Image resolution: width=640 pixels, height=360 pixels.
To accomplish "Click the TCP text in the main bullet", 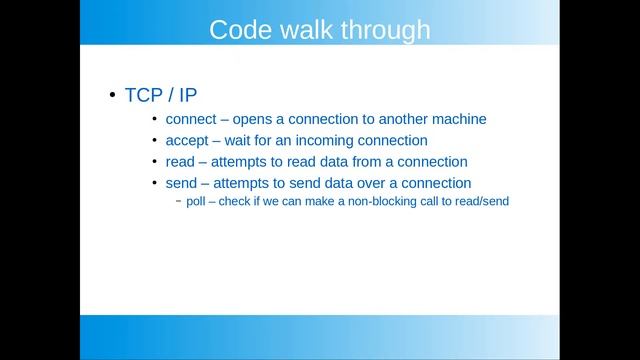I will point(144,96).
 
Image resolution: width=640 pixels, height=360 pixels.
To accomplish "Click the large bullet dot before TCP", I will point(112,96).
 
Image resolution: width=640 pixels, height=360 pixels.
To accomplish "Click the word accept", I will point(189,141).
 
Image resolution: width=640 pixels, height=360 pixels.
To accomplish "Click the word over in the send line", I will point(380,183).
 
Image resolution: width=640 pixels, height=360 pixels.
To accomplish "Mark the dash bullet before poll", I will point(178,201).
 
